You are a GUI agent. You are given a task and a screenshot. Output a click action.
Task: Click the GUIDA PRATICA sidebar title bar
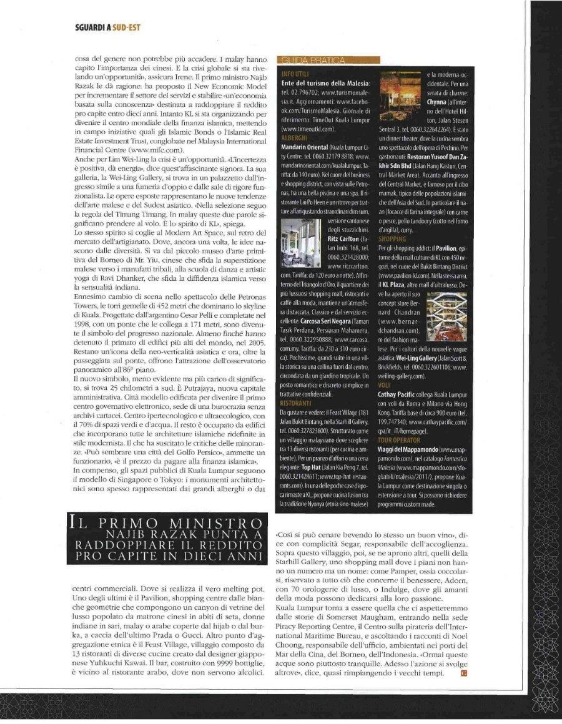(x=331, y=60)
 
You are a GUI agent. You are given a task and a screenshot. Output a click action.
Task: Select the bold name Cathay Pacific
(x=400, y=394)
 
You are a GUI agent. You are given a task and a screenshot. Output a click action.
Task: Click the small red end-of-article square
(x=462, y=673)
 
